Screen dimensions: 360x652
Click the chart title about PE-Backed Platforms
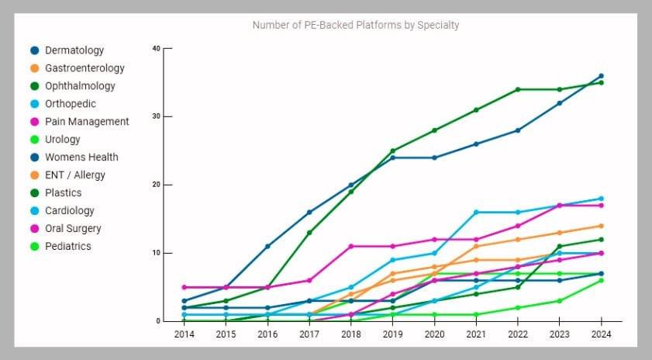coord(356,25)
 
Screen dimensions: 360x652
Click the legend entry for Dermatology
coord(74,50)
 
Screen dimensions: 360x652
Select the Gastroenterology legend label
coord(85,68)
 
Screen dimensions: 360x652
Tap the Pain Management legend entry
coord(87,122)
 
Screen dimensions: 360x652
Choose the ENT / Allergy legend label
coord(74,175)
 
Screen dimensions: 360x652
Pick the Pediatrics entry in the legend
coord(67,246)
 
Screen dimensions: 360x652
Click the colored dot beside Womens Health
coord(34,157)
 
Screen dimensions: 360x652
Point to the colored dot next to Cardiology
coord(34,211)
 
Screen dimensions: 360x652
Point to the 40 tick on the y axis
coord(156,48)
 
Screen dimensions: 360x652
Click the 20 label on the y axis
coord(156,185)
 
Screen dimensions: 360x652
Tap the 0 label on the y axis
coord(157,321)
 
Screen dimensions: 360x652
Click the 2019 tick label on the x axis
coord(392,334)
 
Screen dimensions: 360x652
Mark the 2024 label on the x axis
coord(601,334)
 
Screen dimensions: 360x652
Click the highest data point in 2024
coord(601,76)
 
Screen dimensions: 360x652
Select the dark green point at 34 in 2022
coord(517,89)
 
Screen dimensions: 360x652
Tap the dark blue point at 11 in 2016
coord(267,246)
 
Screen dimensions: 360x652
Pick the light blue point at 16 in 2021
coord(475,212)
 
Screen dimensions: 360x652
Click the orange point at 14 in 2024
coord(601,226)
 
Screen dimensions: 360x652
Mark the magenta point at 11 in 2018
coord(350,246)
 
